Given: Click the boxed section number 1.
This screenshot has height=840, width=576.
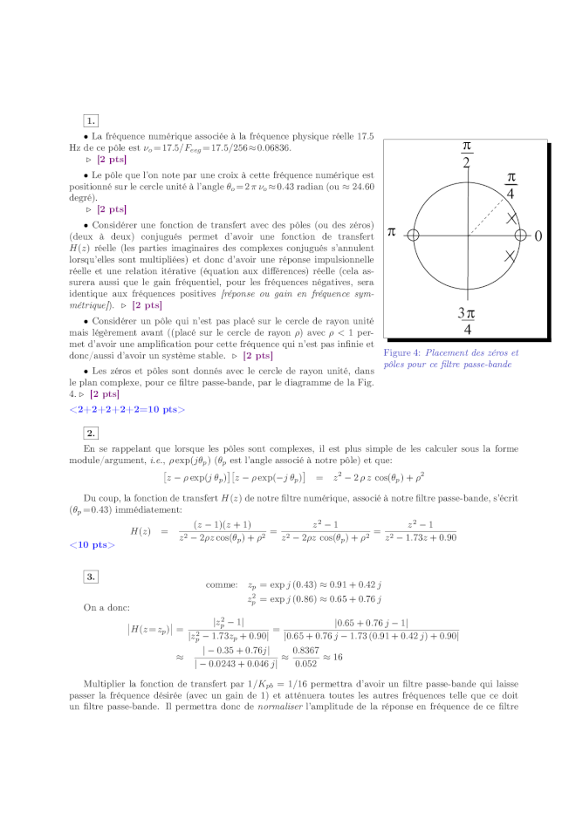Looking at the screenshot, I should pyautogui.click(x=91, y=120).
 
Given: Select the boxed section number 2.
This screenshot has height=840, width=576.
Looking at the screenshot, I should pyautogui.click(x=91, y=433).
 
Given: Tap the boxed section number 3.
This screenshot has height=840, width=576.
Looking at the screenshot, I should pyautogui.click(x=91, y=576).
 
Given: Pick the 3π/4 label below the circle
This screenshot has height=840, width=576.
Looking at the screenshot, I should pyautogui.click(x=467, y=321).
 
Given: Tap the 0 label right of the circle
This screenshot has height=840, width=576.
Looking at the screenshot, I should pyautogui.click(x=538, y=236).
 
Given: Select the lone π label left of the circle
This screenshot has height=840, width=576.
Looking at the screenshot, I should pyautogui.click(x=392, y=233).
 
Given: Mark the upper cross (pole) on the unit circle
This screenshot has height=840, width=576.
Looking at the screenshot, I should pyautogui.click(x=511, y=217).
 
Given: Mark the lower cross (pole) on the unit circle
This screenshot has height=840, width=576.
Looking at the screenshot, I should pyautogui.click(x=510, y=256).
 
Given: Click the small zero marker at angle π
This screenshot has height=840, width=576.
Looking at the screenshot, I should pyautogui.click(x=414, y=236).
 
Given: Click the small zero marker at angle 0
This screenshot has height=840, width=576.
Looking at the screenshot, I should pyautogui.click(x=521, y=236).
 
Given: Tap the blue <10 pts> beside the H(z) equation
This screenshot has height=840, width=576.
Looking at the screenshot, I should pyautogui.click(x=93, y=545).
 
